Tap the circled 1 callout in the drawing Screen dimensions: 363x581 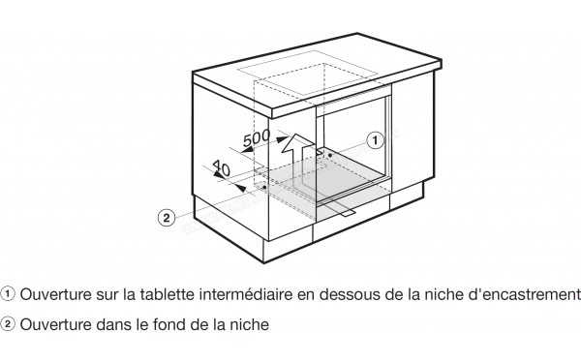(x=374, y=140)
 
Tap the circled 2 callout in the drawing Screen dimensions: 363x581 (x=166, y=218)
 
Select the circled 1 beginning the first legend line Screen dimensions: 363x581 (x=10, y=293)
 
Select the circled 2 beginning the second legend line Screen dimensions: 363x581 (x=10, y=326)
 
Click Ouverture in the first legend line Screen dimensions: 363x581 (x=52, y=293)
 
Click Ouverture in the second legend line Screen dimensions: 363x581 (x=52, y=326)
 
